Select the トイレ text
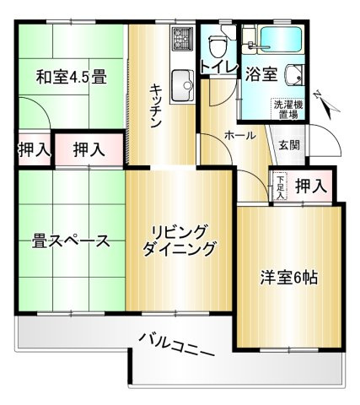[x=218, y=69]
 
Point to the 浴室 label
[x=261, y=73]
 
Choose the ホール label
[x=240, y=135]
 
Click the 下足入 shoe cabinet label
[x=280, y=184]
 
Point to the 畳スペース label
[x=72, y=241]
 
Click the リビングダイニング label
[x=179, y=240]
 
